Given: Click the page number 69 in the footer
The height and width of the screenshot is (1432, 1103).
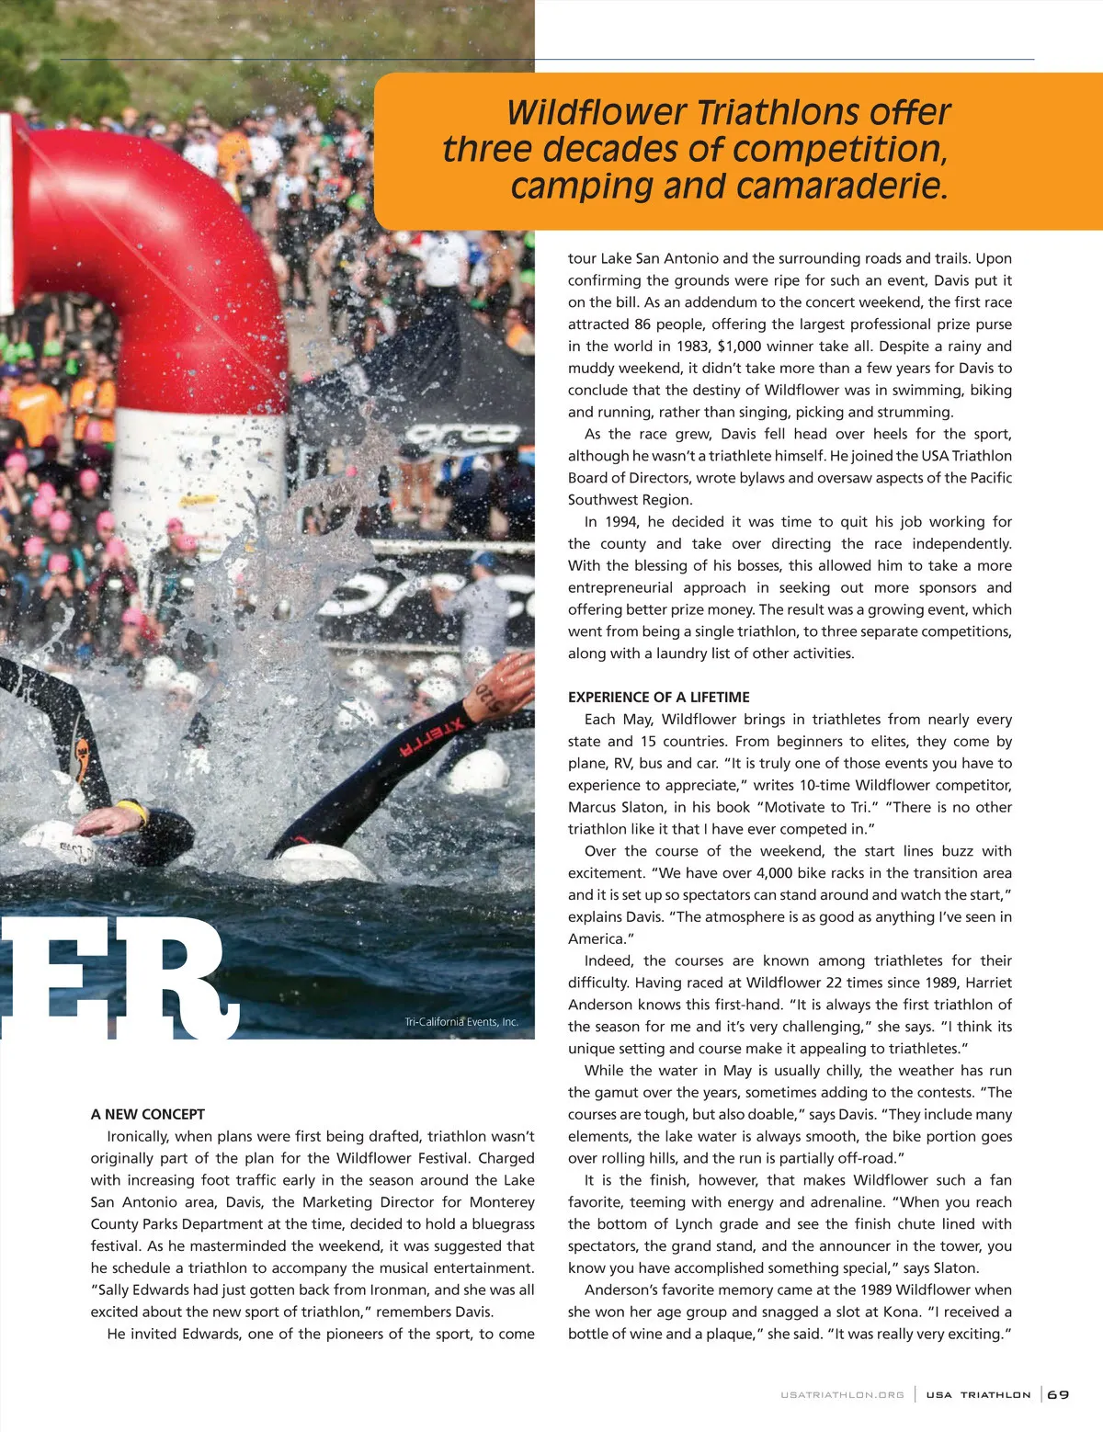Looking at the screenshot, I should point(1059,1394).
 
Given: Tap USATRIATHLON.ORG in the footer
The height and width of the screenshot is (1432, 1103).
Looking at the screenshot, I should point(842,1394).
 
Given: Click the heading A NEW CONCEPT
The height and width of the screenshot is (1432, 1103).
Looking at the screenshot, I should point(147,1114).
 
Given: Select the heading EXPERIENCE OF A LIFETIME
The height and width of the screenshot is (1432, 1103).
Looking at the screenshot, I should point(658,697).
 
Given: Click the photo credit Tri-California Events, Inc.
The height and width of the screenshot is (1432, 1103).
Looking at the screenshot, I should point(461,1022).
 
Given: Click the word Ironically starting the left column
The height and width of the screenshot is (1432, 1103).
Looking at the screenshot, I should point(138,1136).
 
